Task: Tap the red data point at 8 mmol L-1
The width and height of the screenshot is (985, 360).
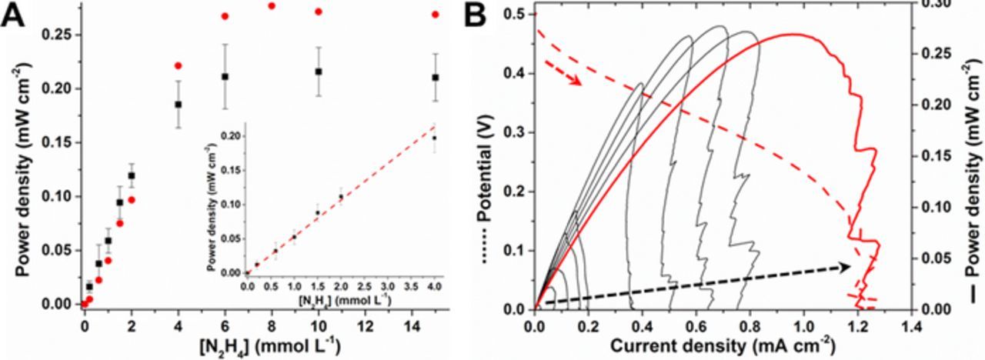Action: pos(272,6)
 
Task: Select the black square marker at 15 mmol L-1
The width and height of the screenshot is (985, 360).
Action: pos(436,77)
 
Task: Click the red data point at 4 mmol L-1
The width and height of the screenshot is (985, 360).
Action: pos(179,66)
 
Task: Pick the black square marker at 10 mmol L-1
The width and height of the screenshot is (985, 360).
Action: pos(319,72)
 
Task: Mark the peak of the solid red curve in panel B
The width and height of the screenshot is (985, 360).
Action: pos(793,34)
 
